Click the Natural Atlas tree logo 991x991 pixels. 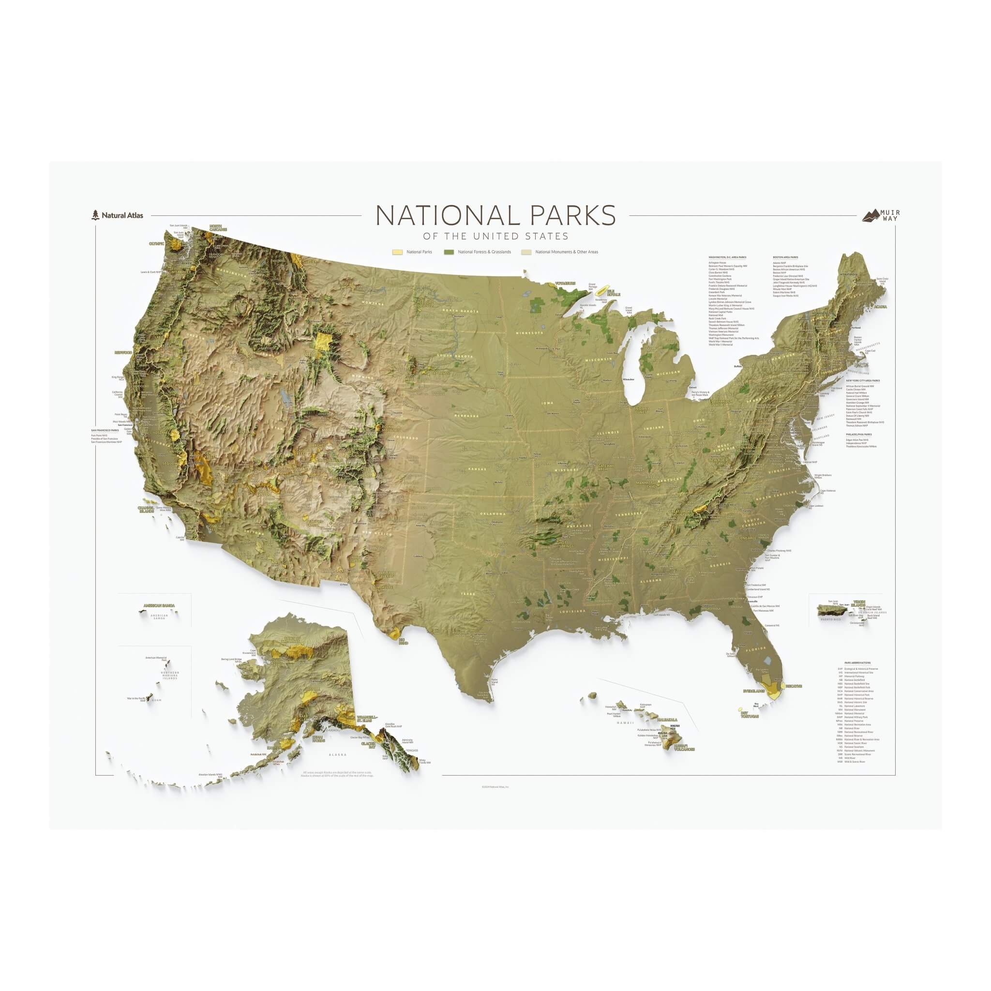(x=94, y=215)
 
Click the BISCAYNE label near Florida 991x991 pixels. (x=793, y=686)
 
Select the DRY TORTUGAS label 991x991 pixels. (x=750, y=715)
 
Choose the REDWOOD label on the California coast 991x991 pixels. (x=123, y=352)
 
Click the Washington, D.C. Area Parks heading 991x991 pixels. (x=727, y=257)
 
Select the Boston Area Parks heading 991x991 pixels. (x=785, y=257)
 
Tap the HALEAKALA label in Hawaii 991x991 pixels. (x=667, y=720)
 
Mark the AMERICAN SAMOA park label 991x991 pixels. (x=159, y=605)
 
